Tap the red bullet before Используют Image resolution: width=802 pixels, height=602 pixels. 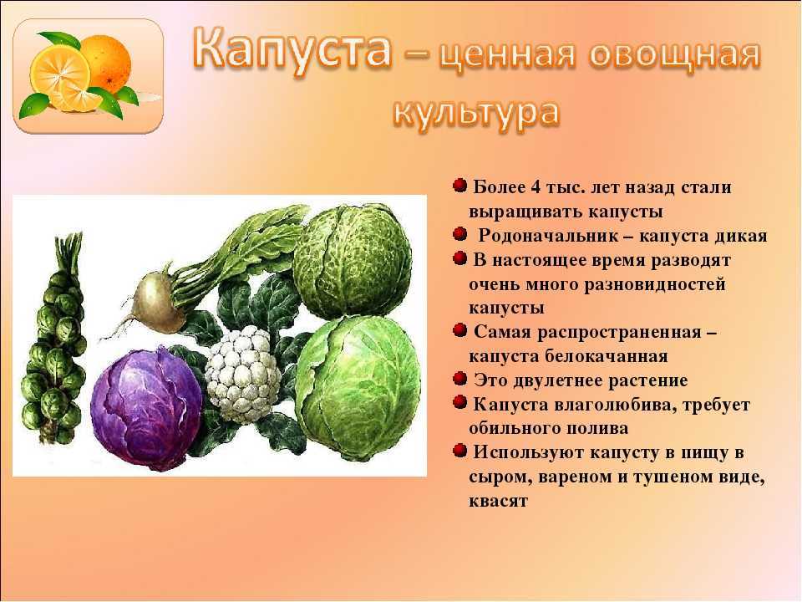(x=459, y=451)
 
